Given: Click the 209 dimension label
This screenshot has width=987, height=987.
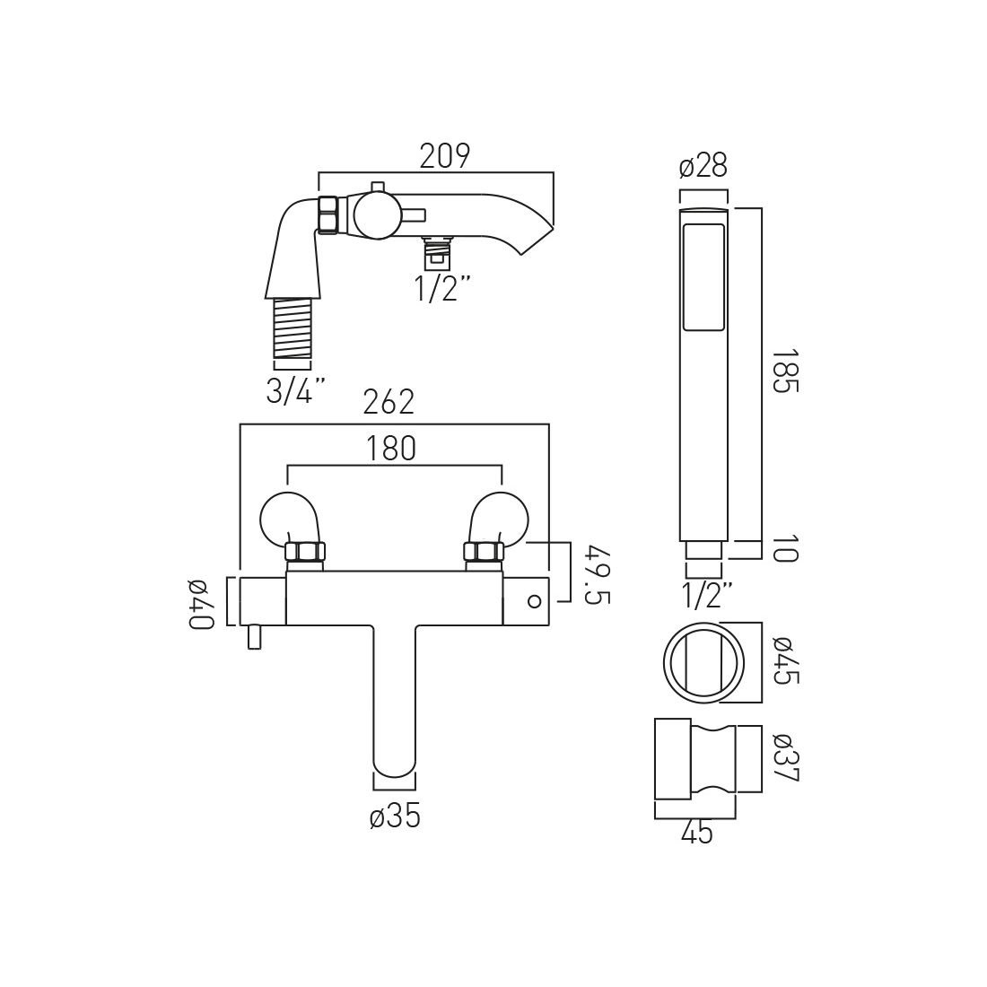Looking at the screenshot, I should pos(445,156).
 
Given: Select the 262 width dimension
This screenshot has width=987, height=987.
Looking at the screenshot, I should pos(389,403).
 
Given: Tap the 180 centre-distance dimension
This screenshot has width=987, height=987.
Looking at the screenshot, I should pos(391,448).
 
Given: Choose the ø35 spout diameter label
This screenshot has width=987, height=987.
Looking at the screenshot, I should pos(395,817).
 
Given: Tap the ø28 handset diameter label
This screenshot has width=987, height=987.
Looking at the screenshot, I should pos(703,166).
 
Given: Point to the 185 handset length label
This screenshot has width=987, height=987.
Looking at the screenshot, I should pos(783,371).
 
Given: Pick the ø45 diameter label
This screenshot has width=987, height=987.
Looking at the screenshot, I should pos(782,661).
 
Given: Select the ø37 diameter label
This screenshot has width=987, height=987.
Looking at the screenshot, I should pos(782,758).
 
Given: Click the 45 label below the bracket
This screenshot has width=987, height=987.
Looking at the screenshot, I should pos(696,834).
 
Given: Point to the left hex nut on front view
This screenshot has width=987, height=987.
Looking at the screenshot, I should pos(305,551).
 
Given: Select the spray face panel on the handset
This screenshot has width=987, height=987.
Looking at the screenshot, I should pos(703,277).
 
